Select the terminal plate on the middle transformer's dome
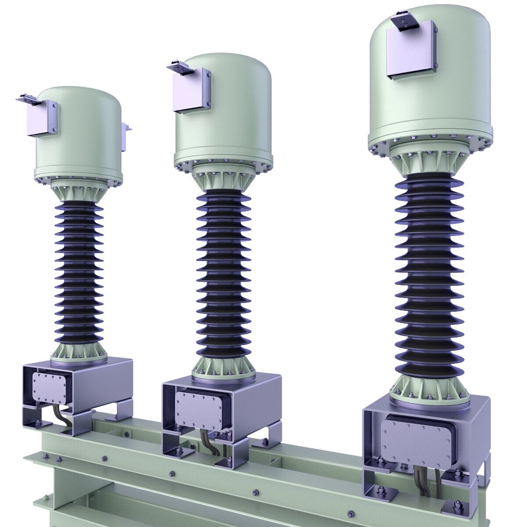point(193,90)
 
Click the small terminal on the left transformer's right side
point(126,137)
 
